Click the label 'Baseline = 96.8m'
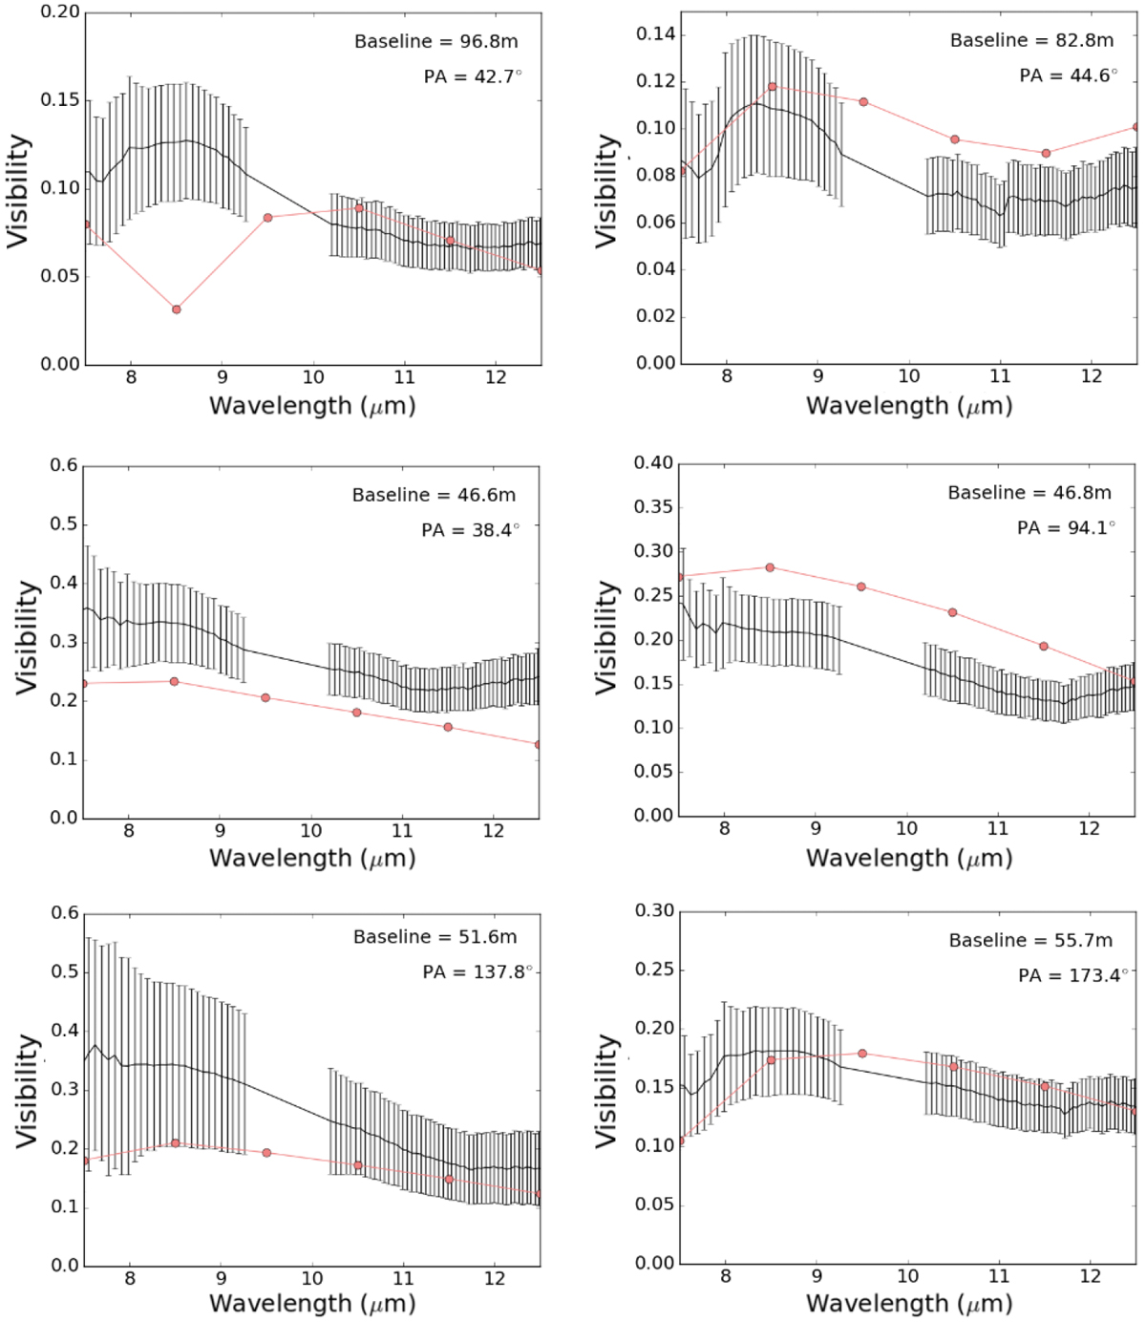pos(435,42)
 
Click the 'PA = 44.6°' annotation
pos(1068,75)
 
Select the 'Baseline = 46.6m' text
pos(434,495)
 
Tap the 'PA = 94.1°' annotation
pos(1066,527)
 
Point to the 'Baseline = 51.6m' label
pos(435,937)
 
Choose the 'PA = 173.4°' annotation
pos(1072,975)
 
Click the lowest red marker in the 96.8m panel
pos(177,309)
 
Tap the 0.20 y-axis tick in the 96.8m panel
pos(60,12)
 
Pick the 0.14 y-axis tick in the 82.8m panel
pos(655,34)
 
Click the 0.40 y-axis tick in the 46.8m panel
pos(653,463)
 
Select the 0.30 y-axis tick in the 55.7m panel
pos(654,910)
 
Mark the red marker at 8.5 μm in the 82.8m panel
pos(773,87)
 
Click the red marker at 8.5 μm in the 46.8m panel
pos(770,567)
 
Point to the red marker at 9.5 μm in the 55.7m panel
pos(862,1054)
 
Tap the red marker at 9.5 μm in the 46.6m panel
pos(265,698)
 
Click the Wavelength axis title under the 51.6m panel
pos(312,1304)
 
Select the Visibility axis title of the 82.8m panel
pos(607,191)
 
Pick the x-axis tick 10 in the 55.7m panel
pos(907,1276)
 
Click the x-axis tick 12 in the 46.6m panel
pos(493,831)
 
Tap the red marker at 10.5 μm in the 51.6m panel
pos(358,1165)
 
